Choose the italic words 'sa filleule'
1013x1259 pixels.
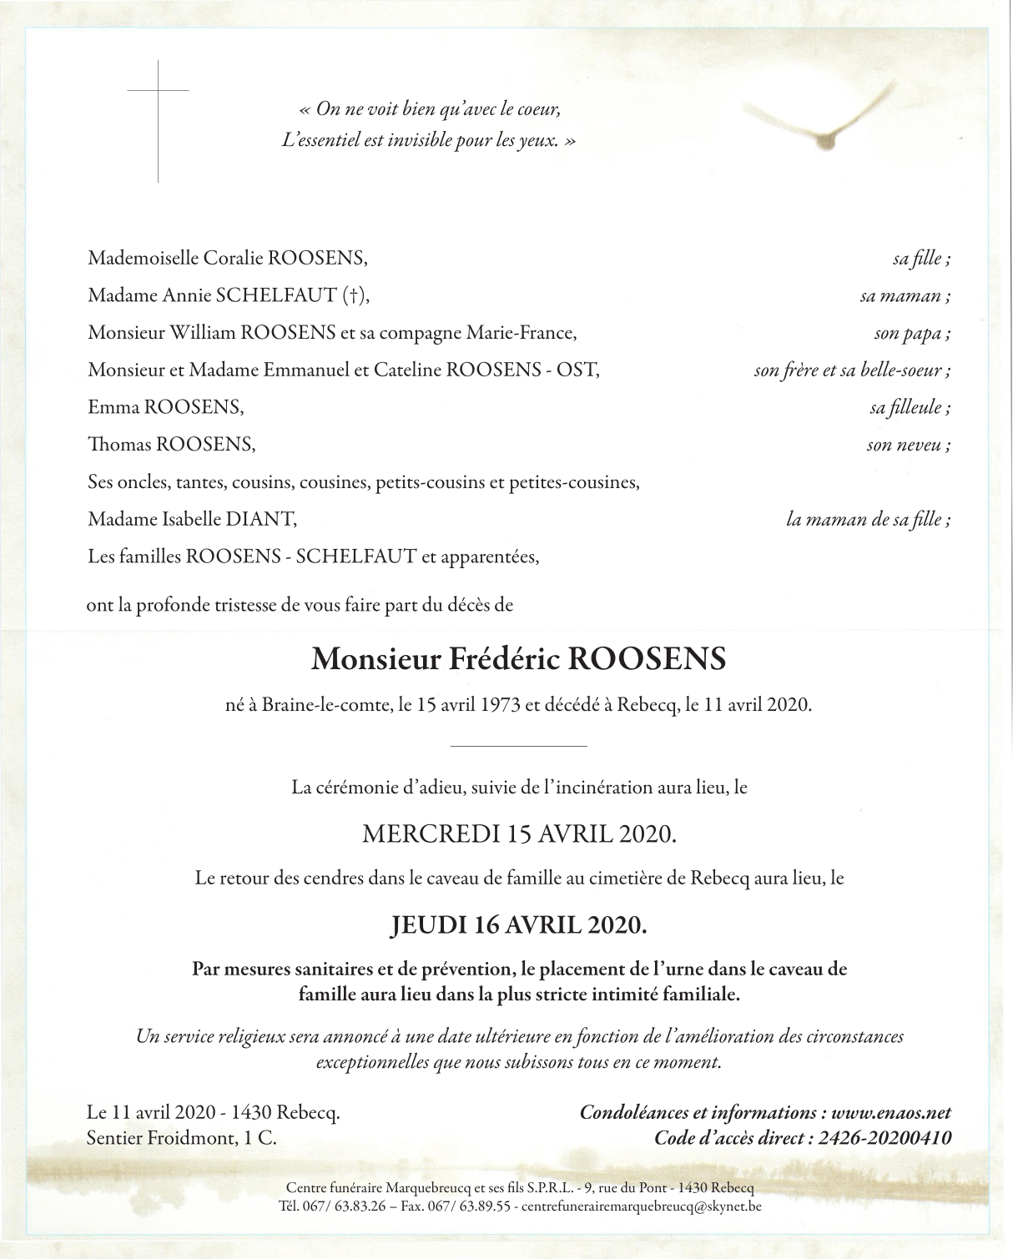(907, 408)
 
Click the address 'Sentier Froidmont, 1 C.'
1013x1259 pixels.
(181, 1137)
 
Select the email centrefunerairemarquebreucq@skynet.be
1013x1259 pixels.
(640, 1206)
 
